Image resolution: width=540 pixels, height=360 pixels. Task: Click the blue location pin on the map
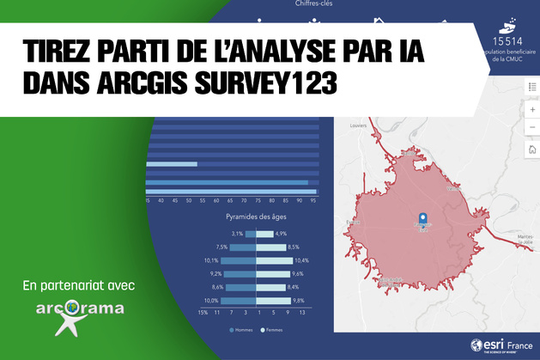[422, 220]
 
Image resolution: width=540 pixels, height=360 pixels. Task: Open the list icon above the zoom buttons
[532, 86]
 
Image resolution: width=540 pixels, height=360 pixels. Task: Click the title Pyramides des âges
[256, 218]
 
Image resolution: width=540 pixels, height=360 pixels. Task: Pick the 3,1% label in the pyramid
[237, 234]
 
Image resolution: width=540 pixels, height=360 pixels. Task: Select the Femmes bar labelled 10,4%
[274, 260]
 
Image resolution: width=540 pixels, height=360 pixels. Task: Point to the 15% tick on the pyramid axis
[203, 313]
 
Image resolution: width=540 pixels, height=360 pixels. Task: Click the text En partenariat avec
[79, 284]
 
